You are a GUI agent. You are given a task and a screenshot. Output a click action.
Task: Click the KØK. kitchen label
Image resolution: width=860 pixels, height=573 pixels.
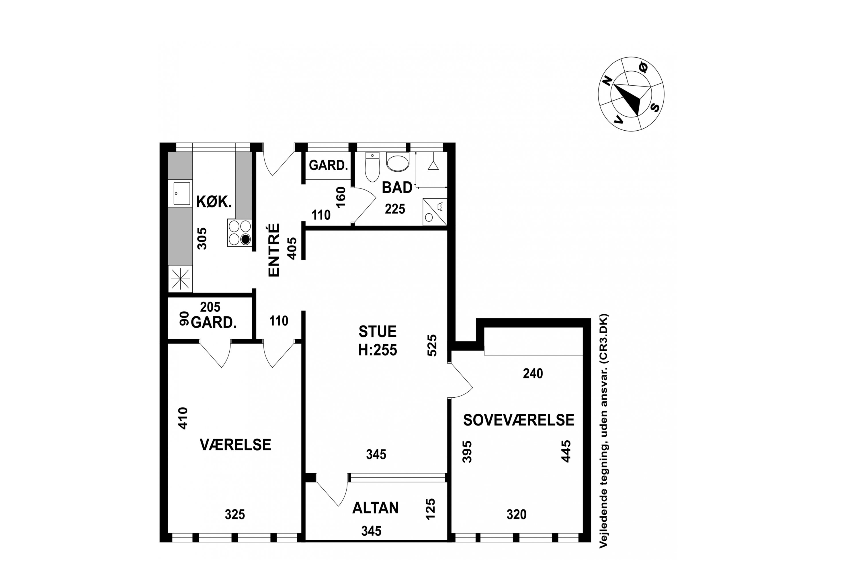coord(214,202)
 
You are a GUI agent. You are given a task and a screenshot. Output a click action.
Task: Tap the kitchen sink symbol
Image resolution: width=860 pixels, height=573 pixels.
coord(182,193)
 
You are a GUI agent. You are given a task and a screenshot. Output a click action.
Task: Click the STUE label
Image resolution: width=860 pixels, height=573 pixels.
coord(377,331)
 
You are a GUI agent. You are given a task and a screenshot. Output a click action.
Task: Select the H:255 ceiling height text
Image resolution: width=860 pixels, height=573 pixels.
coord(377,350)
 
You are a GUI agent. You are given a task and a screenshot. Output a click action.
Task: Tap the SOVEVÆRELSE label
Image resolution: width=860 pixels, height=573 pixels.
coord(519,420)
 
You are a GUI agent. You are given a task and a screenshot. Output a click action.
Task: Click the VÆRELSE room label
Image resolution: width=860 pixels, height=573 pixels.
coord(235,445)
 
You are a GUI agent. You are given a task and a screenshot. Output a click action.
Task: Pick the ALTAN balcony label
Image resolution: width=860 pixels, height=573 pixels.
coord(375,508)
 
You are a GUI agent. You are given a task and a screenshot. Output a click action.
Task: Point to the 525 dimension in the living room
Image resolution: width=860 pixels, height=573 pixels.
coord(432,345)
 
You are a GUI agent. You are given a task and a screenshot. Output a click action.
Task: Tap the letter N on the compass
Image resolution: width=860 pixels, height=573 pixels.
coord(607,81)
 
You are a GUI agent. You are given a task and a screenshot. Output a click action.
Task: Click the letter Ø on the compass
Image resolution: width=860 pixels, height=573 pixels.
coord(642,67)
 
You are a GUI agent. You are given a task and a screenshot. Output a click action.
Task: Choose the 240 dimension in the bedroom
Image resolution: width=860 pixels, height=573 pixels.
coord(533,374)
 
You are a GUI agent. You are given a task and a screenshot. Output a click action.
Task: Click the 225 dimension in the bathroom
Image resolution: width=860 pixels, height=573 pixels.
coord(395,209)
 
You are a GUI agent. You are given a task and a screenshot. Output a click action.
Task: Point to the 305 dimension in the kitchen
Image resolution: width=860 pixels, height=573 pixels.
coord(202,239)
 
